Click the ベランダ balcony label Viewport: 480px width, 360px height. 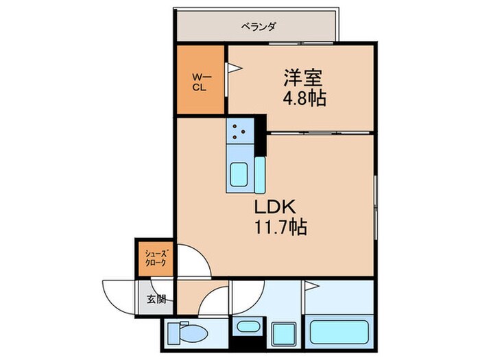[259, 27]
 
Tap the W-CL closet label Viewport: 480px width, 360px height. [200, 82]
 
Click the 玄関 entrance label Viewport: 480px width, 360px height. [156, 298]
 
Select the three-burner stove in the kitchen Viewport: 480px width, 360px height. [241, 130]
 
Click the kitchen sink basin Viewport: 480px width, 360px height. [239, 174]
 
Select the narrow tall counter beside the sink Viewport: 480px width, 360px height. [259, 177]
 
